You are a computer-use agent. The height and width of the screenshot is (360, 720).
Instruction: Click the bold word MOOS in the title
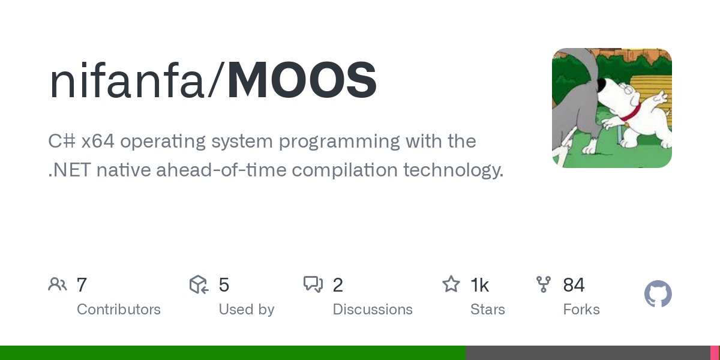(x=302, y=81)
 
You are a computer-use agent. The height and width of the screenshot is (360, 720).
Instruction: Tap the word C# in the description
(x=62, y=142)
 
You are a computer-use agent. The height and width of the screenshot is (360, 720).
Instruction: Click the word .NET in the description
(x=68, y=170)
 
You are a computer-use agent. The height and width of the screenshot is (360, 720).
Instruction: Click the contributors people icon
(x=58, y=284)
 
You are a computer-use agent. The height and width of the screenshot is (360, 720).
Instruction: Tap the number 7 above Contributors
(x=82, y=285)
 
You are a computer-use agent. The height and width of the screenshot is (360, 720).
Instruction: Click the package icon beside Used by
(x=199, y=284)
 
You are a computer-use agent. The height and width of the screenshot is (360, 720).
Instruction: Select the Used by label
(x=246, y=310)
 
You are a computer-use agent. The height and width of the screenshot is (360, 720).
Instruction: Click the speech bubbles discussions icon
(x=313, y=284)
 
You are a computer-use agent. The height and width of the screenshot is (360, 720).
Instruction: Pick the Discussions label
(x=372, y=310)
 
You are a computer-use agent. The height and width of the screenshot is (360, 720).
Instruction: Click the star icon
(x=451, y=284)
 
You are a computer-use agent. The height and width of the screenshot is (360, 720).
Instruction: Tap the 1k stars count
(x=479, y=285)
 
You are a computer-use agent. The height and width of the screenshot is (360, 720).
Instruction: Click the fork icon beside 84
(x=544, y=284)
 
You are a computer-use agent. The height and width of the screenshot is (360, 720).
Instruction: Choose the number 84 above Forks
(x=574, y=285)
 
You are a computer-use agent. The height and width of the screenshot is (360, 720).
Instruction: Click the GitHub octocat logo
(x=658, y=295)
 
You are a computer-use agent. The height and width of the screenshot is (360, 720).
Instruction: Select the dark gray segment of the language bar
(x=587, y=353)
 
